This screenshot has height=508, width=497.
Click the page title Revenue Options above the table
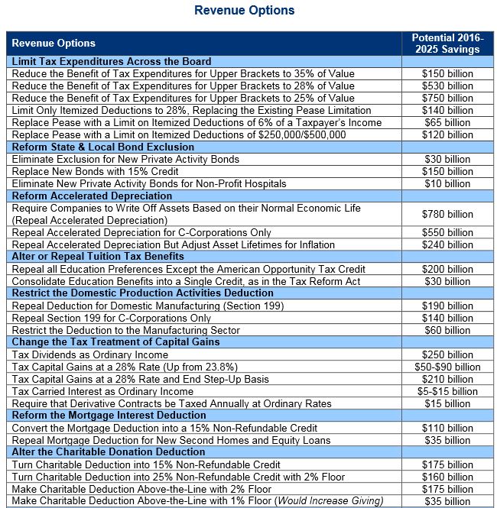pos(244,11)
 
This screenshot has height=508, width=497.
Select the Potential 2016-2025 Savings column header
pos(447,43)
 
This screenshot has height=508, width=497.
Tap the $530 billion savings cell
pos(447,86)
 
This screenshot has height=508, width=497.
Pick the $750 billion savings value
pos(447,98)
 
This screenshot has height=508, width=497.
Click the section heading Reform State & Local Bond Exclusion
pos(103,147)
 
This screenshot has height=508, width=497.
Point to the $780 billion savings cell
pos(447,214)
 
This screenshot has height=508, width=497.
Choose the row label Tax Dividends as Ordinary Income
pos(89,354)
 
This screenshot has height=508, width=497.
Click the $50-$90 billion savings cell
pos(447,367)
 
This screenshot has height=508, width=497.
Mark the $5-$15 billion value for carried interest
pos(447,391)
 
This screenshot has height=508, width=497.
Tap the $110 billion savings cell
pos(447,428)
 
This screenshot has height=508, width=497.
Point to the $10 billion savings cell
pos(447,183)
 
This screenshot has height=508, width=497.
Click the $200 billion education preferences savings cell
pos(447,269)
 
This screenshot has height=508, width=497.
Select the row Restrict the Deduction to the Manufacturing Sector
pos(126,330)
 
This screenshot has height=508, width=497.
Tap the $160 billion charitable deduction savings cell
pos(447,477)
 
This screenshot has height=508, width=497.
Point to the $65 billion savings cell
pos(447,122)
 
